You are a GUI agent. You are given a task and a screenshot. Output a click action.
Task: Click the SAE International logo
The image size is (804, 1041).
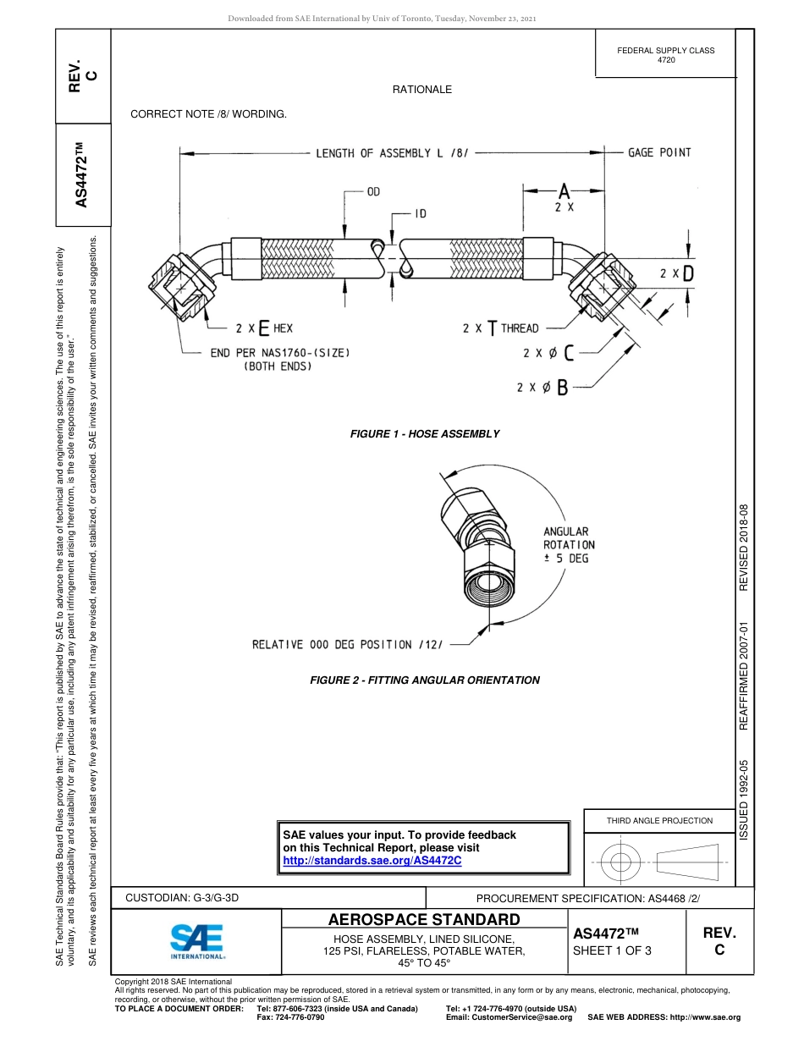pos(196,940)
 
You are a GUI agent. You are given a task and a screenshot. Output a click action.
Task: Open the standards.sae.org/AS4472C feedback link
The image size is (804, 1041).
pos(372,861)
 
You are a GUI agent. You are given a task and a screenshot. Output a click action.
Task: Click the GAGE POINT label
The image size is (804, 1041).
pos(659,152)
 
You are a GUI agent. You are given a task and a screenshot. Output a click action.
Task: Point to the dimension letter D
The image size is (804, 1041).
pos(688,273)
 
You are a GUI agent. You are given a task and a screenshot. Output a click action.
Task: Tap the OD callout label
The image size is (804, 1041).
pos(372,192)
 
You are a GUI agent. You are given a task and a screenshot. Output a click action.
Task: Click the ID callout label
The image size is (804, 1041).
pos(421,213)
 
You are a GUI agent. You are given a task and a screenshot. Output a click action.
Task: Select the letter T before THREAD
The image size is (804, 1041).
pos(492,328)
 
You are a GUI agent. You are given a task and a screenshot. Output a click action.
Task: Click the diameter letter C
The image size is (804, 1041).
pos(569,353)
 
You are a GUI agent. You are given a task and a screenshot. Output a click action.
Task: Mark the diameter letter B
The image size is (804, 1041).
pos(562,388)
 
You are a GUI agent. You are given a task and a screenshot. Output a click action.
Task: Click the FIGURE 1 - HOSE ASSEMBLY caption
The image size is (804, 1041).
pos(425,434)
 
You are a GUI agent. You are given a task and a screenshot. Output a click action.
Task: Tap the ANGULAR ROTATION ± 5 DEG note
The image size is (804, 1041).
pos(569,545)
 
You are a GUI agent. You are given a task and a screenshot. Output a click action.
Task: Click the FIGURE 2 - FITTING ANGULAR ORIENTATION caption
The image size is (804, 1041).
pos(424,680)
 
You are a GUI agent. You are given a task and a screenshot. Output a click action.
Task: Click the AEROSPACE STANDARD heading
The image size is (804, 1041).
pos(424,920)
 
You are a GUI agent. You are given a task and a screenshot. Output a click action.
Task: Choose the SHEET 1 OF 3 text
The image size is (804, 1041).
pos(613,950)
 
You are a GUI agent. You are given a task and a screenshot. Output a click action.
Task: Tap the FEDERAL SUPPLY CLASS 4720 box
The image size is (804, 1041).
pos(665,55)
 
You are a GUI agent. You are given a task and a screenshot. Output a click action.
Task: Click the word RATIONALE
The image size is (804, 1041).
pos(421,90)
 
